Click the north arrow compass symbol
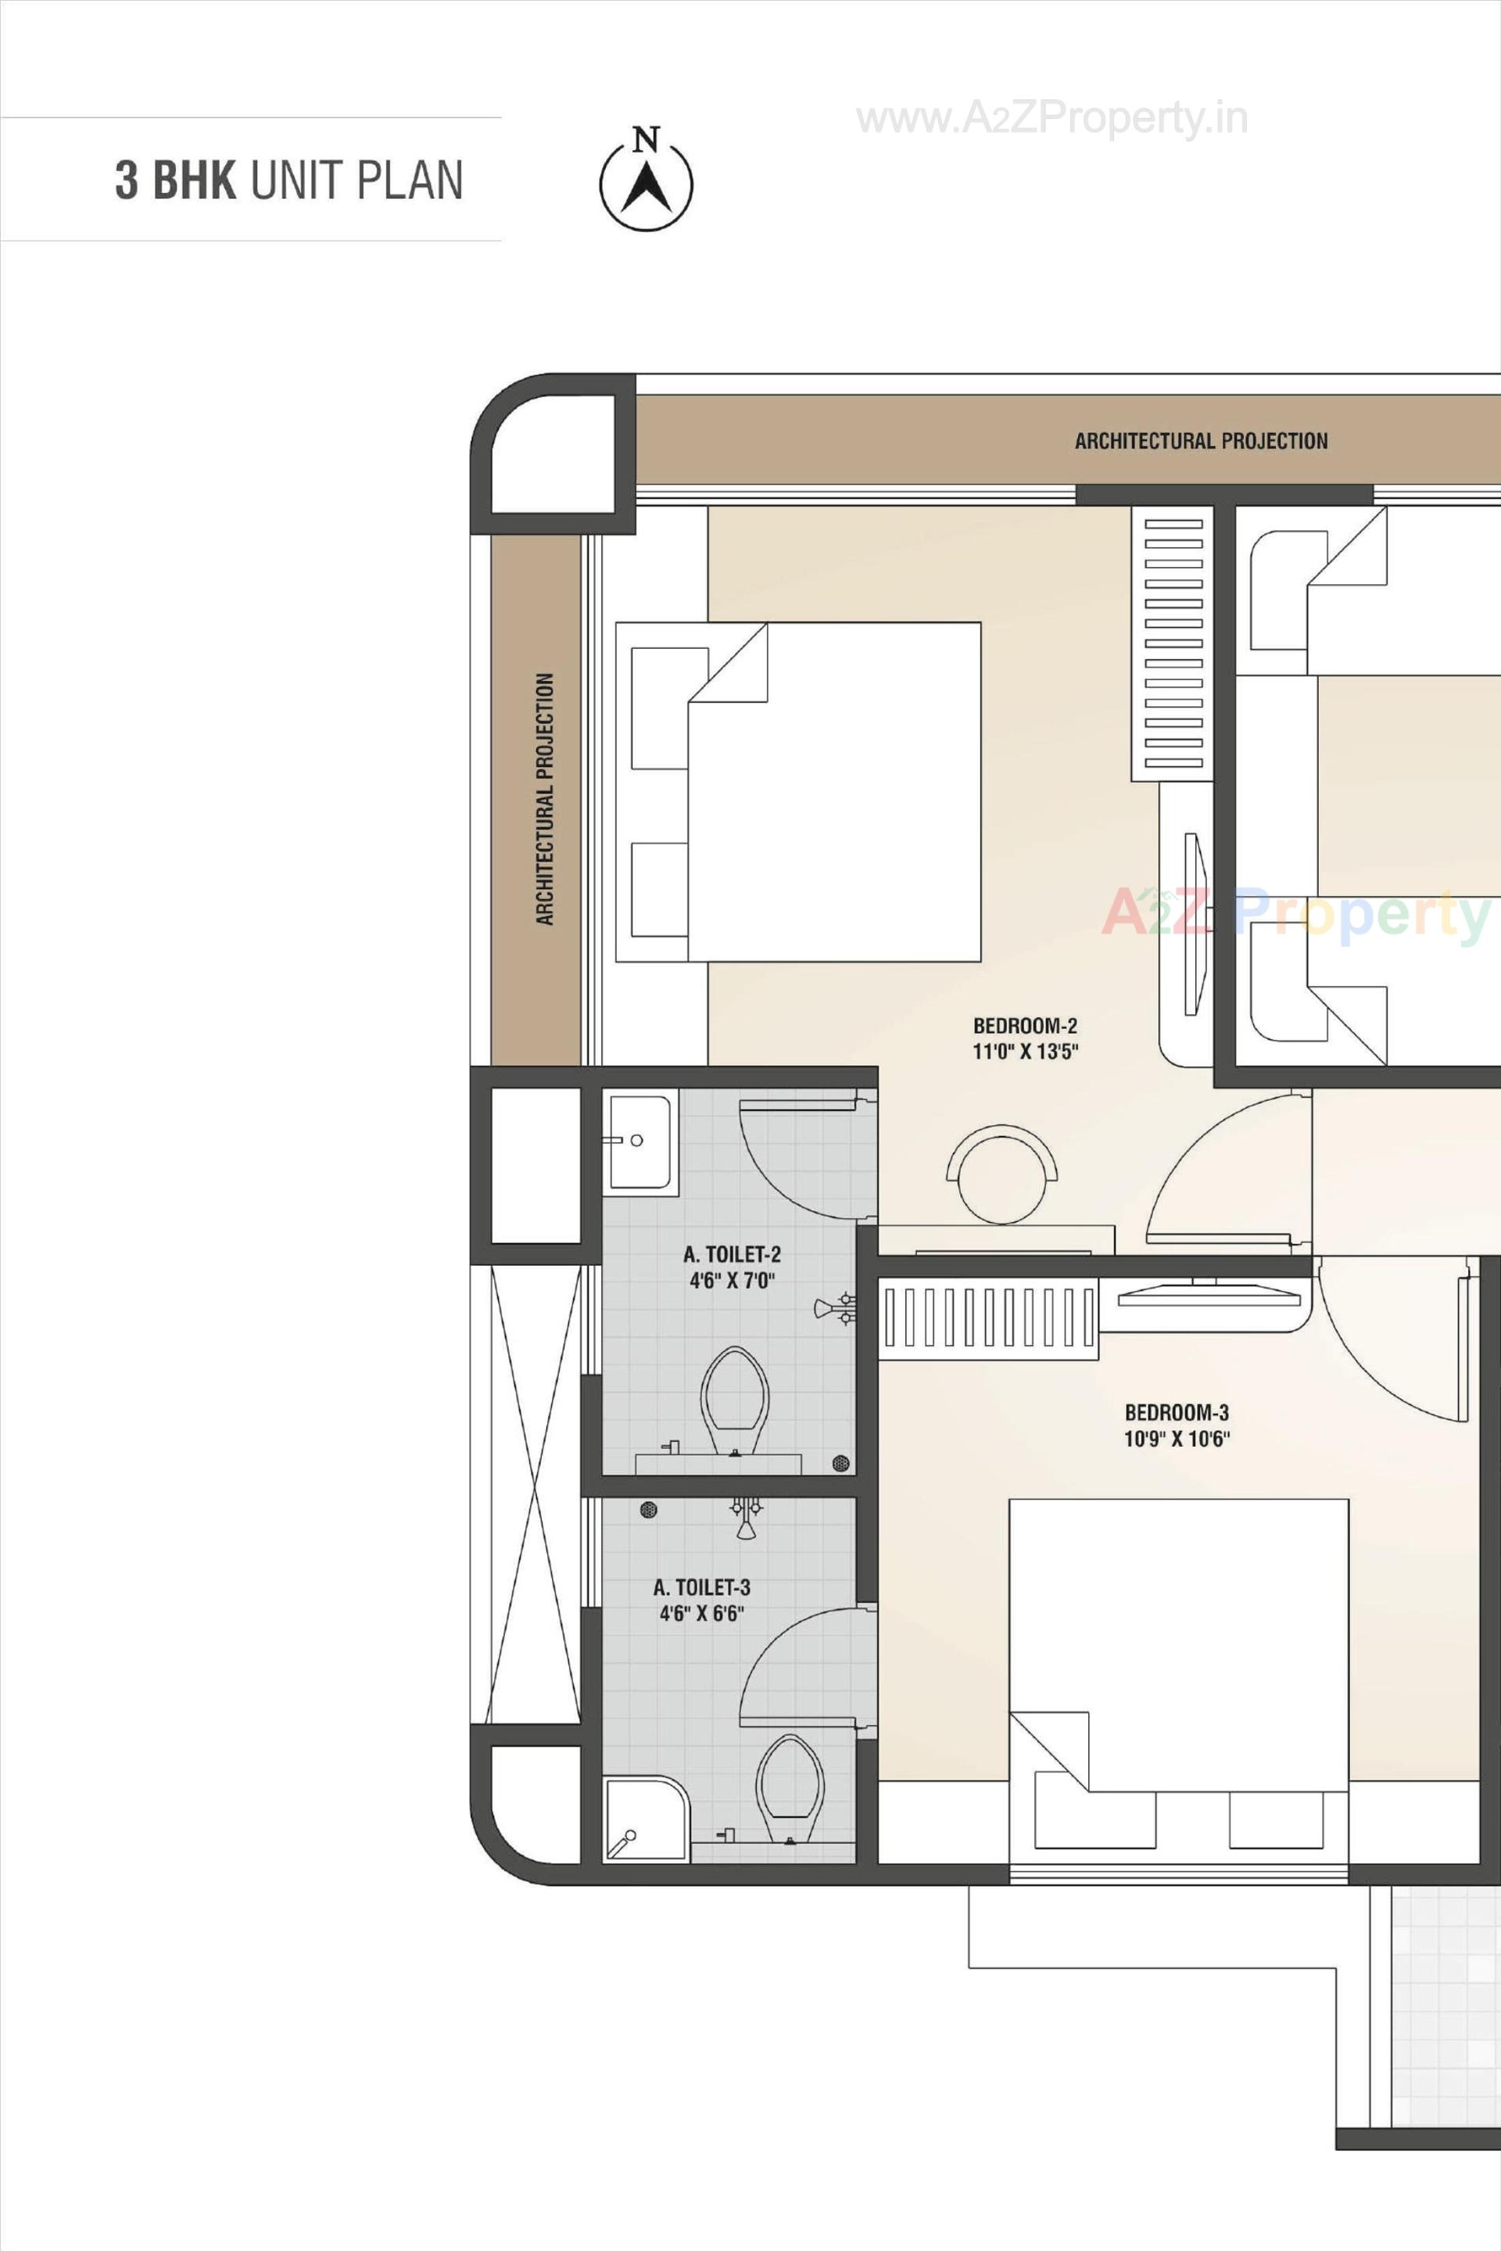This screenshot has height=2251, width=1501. point(647,181)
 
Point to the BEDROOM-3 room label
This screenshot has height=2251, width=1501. point(1177,1412)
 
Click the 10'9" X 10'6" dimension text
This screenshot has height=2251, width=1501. point(1177,1438)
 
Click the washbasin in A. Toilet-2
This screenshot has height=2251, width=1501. point(639,1142)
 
